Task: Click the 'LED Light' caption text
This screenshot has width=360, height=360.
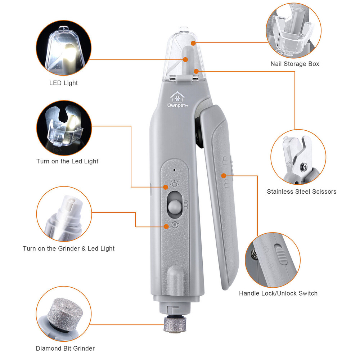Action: tap(63, 83)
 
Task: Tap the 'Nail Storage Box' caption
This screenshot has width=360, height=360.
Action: tap(294, 64)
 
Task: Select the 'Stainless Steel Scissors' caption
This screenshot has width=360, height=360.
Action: tap(301, 192)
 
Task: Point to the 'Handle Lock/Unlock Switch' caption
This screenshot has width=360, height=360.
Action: tap(278, 293)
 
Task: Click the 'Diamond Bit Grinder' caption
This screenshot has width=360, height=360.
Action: tap(65, 348)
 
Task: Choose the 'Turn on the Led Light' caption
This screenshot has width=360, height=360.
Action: tap(67, 161)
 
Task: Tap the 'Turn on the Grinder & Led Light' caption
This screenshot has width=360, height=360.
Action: tap(68, 248)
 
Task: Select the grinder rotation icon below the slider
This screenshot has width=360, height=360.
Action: tap(175, 225)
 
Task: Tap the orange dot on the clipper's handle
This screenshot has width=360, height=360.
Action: tap(224, 176)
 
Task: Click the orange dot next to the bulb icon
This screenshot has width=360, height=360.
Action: tap(166, 186)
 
